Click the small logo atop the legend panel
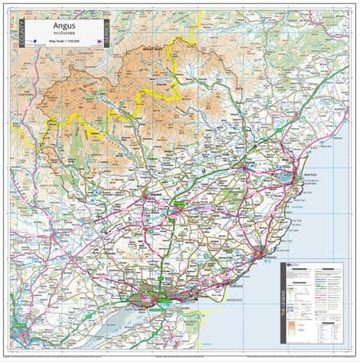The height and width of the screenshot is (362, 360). click(291, 267)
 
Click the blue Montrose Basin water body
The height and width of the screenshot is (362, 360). click(285, 177)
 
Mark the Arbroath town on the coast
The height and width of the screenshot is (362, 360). click(261, 249)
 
